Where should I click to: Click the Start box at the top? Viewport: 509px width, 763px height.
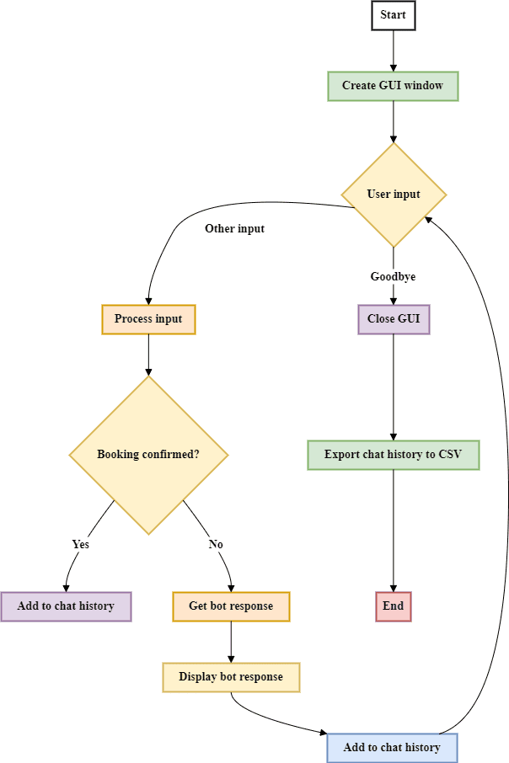[393, 15]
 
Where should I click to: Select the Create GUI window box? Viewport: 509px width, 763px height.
[393, 86]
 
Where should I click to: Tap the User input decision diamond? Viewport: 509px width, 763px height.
[393, 195]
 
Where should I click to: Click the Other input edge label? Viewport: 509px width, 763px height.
[234, 228]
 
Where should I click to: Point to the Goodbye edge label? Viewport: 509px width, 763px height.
[393, 276]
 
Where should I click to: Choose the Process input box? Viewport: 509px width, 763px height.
[148, 319]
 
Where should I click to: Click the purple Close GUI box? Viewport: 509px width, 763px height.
[393, 319]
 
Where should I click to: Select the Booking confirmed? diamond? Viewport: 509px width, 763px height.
[148, 455]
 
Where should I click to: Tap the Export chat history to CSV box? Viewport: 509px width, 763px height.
[393, 455]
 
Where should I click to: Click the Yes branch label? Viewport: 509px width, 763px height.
[80, 544]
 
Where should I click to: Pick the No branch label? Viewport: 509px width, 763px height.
[216, 544]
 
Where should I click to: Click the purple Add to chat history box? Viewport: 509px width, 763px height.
[66, 606]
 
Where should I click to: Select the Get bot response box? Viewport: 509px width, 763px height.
[231, 606]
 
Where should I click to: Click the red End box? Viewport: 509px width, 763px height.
[393, 606]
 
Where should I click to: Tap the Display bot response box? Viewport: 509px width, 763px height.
[231, 677]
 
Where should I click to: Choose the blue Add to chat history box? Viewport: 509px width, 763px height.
[392, 748]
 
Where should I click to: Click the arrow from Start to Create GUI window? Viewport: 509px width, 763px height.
[393, 51]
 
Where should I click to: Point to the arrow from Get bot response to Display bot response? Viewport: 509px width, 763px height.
[231, 642]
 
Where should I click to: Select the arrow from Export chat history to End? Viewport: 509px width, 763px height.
[393, 531]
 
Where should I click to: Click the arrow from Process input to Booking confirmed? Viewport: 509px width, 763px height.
[148, 355]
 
